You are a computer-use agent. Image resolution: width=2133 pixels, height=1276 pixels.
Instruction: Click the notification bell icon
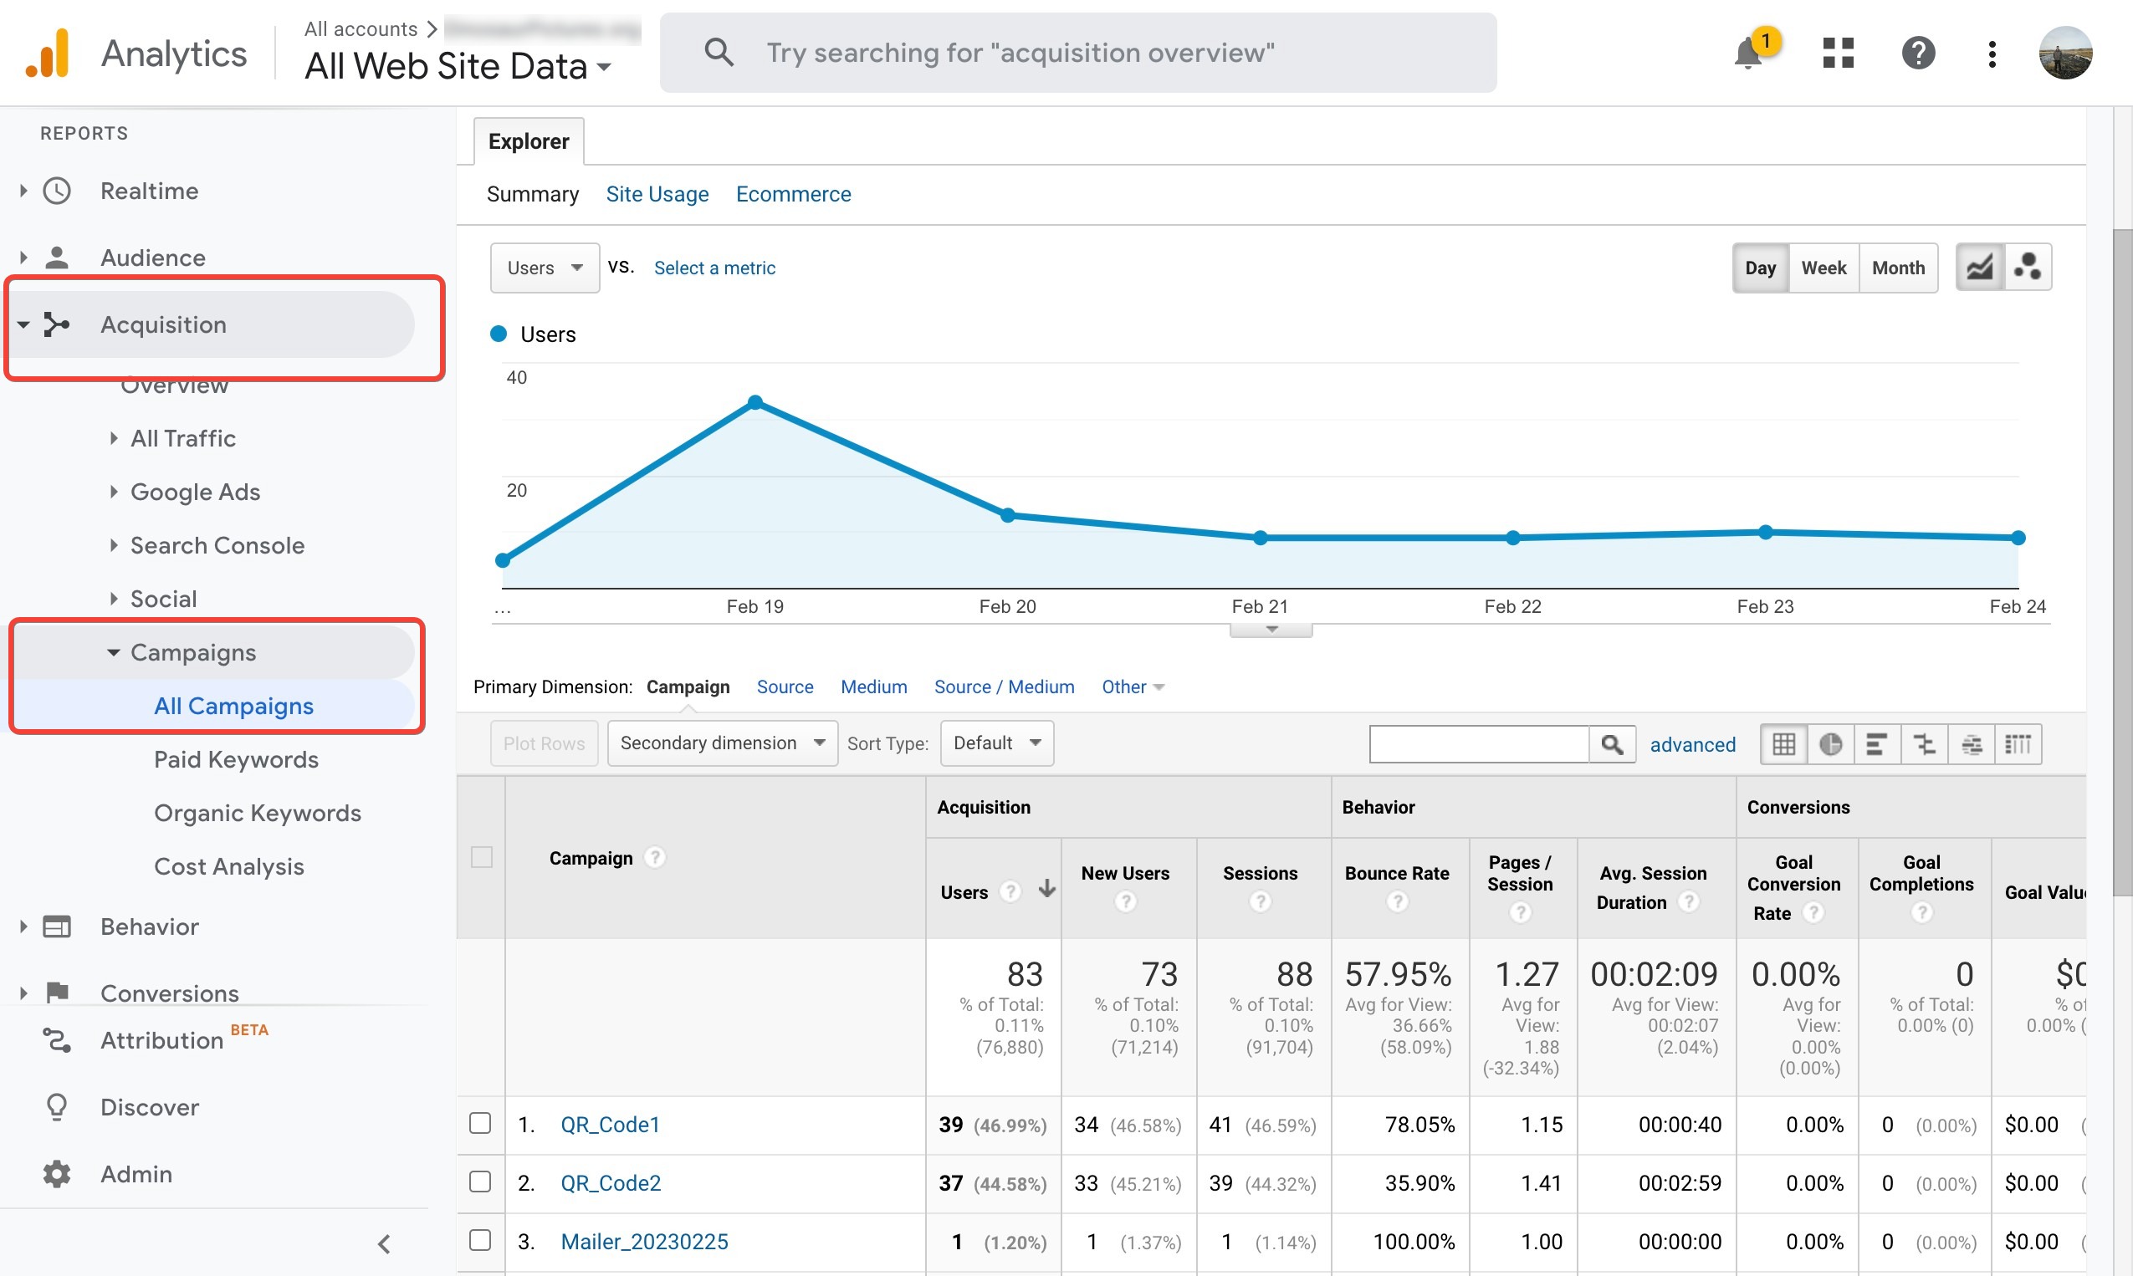point(1747,54)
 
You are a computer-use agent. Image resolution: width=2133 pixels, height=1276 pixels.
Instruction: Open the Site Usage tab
point(657,194)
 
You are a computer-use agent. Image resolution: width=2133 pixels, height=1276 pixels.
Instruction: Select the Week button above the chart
point(1824,268)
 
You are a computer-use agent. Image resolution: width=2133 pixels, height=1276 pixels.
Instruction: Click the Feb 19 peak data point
point(755,402)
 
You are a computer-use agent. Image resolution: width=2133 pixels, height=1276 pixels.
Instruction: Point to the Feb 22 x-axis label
point(1512,607)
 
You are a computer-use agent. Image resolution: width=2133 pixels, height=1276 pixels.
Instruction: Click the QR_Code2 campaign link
point(611,1183)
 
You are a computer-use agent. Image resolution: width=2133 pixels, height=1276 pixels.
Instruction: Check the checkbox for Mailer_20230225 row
point(480,1240)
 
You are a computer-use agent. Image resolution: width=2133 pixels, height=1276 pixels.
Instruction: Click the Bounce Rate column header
point(1397,874)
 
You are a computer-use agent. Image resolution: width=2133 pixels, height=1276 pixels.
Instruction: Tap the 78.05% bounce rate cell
point(1419,1125)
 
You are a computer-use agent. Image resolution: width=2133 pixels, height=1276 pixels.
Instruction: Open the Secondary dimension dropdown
point(722,743)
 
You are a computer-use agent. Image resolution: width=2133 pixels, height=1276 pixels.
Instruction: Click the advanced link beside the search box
point(1692,745)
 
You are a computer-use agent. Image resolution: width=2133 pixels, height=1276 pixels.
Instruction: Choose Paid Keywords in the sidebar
point(236,759)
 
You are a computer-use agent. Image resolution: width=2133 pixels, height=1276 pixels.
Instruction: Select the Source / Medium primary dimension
point(1004,687)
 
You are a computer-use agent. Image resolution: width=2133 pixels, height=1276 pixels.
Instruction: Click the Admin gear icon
point(57,1174)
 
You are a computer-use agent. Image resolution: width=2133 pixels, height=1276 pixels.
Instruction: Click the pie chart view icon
point(1830,743)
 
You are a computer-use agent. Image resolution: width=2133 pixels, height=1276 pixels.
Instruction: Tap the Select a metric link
point(714,268)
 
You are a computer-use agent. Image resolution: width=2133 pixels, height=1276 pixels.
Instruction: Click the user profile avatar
point(2064,54)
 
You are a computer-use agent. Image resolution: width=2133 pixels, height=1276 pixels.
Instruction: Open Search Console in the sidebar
point(217,545)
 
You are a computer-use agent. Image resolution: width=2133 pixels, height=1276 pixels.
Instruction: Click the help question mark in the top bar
point(1918,54)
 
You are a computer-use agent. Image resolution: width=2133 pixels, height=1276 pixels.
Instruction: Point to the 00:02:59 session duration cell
point(1679,1183)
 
